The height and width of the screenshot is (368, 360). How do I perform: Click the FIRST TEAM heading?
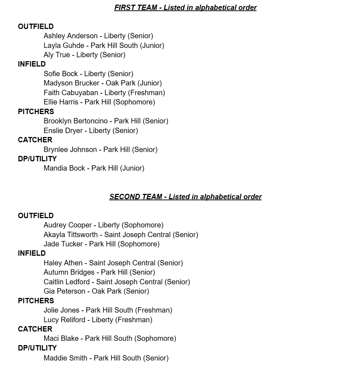[185, 8]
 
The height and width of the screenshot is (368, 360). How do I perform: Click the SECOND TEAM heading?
[185, 197]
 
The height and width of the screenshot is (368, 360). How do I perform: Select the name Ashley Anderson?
[70, 36]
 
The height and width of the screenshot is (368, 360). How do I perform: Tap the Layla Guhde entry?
[104, 45]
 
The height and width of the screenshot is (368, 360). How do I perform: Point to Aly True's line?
[84, 55]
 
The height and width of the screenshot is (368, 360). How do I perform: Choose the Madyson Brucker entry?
[103, 83]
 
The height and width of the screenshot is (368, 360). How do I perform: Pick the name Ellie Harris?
[61, 102]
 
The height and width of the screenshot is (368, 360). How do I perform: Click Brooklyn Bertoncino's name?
[76, 121]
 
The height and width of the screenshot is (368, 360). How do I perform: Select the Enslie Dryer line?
[91, 131]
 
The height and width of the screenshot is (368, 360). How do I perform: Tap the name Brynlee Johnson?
[70, 149]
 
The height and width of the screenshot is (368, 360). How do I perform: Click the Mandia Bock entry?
[94, 168]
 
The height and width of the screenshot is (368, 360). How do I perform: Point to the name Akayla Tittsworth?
[70, 235]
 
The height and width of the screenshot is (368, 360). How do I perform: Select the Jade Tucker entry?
[101, 244]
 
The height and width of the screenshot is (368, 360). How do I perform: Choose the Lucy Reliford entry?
[98, 320]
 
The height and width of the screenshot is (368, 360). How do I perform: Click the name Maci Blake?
[61, 338]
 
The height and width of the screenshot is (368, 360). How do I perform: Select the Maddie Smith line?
[106, 358]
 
